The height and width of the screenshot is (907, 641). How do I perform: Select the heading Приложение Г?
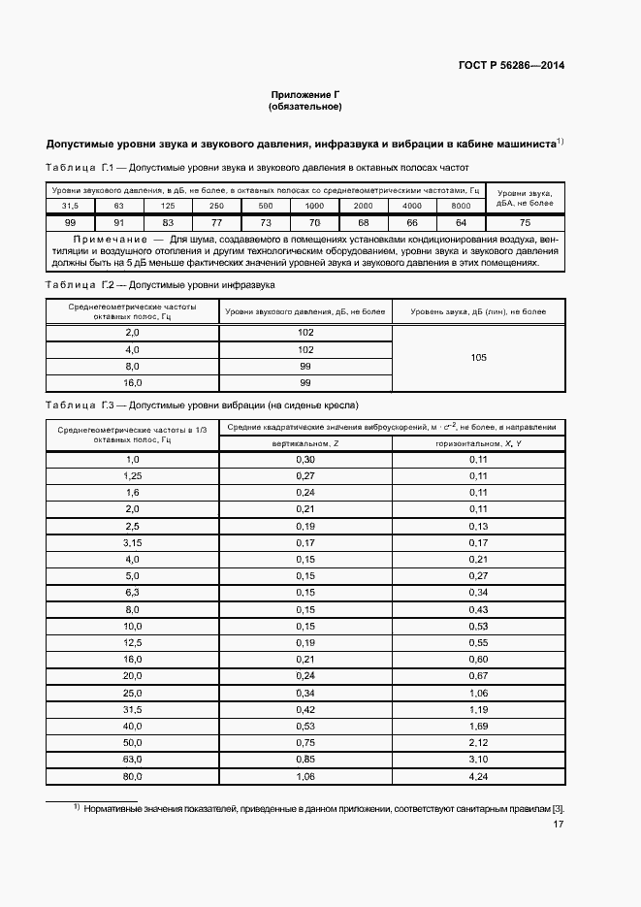point(304,95)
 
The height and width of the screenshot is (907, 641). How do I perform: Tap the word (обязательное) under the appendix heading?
point(304,107)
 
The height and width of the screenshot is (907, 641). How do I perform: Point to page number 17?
point(559,825)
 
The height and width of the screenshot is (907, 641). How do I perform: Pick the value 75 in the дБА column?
point(525,222)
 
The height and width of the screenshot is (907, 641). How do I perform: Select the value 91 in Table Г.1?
point(118,222)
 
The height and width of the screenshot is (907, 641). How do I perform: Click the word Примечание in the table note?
point(99,238)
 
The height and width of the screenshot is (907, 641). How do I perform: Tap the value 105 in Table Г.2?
point(478,358)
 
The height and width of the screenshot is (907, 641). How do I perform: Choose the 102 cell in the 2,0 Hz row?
point(305,332)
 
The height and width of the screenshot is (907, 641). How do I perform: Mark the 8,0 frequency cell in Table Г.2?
point(133,367)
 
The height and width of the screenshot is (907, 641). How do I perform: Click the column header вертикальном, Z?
point(305,442)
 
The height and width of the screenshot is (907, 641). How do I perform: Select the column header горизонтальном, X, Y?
point(478,442)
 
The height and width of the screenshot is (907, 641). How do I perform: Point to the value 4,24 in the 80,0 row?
point(478,777)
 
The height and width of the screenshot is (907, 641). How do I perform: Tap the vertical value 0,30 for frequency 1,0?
point(305,459)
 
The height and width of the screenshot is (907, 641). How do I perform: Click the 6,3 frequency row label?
point(133,592)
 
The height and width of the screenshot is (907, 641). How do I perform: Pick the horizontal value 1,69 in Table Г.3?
point(478,725)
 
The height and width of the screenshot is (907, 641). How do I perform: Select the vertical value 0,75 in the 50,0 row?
point(305,742)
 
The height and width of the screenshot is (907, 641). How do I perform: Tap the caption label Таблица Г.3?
point(80,405)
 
